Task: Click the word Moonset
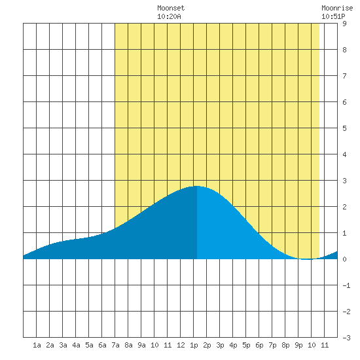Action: (x=171, y=8)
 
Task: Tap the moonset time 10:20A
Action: (x=169, y=16)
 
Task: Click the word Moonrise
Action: (x=337, y=8)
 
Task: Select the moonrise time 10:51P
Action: (x=333, y=16)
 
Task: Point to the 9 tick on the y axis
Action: (x=344, y=24)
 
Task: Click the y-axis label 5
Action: (x=344, y=128)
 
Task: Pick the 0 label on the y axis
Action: (x=344, y=259)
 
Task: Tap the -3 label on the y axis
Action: (x=346, y=338)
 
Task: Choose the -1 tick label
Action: (x=346, y=285)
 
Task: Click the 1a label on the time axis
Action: (x=37, y=345)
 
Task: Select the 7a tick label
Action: (x=115, y=345)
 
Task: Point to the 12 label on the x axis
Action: (x=181, y=345)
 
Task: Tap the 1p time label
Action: (x=194, y=346)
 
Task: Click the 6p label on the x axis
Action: (x=259, y=346)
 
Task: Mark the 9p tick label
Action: (x=298, y=346)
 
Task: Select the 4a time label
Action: (x=76, y=345)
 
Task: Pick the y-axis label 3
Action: (x=344, y=181)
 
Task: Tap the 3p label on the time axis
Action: (x=220, y=346)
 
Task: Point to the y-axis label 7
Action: (x=344, y=76)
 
